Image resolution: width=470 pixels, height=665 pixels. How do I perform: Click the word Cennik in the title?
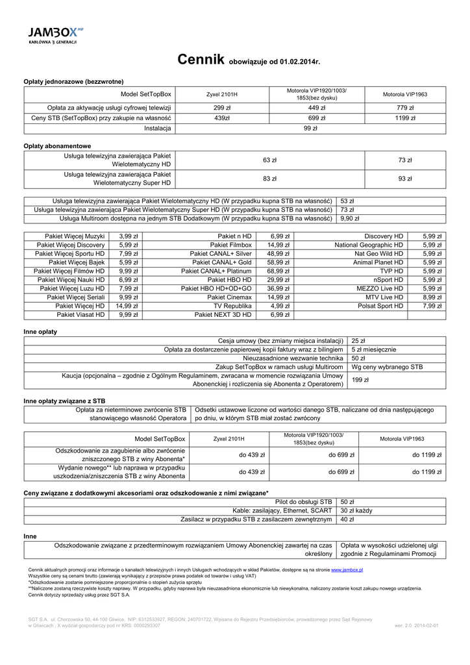[x=201, y=60]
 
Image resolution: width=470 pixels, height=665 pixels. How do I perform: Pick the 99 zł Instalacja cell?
[x=310, y=129]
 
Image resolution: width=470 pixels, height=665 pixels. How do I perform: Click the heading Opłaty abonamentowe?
[x=57, y=145]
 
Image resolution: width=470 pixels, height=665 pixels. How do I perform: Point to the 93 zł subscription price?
[x=405, y=179]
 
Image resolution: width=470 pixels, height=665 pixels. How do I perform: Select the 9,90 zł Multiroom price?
[x=350, y=219]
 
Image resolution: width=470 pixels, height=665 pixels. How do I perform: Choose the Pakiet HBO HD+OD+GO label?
[x=216, y=288]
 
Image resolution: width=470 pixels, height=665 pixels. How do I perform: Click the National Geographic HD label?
[x=369, y=245]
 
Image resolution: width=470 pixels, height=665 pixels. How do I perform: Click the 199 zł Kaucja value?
[x=360, y=379]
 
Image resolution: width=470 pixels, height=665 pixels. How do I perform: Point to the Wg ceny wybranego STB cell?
[x=386, y=367]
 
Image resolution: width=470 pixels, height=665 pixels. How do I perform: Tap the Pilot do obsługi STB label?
[x=303, y=501]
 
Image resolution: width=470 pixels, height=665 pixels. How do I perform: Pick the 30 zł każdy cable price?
[x=356, y=510]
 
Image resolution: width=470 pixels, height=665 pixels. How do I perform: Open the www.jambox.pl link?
[x=347, y=570]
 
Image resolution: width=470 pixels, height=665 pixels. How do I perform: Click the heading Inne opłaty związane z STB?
[x=64, y=401]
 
